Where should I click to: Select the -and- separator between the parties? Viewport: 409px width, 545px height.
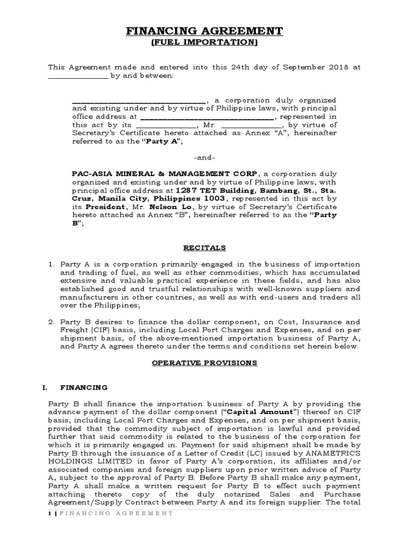click(x=204, y=158)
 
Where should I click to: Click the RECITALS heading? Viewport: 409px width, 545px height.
click(x=204, y=248)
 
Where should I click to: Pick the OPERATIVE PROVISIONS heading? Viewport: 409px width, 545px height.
click(x=204, y=363)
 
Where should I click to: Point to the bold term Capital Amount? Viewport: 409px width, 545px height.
click(x=257, y=411)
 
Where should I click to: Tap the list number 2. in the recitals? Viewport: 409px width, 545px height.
click(x=52, y=322)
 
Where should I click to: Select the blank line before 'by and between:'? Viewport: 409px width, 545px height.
click(x=78, y=76)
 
